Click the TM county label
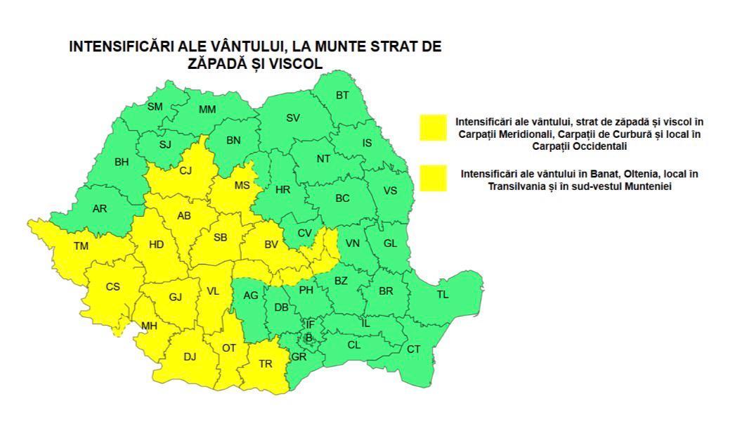pyautogui.click(x=81, y=246)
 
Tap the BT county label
pyautogui.click(x=342, y=95)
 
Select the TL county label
pyautogui.click(x=442, y=295)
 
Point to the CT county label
pyautogui.click(x=414, y=350)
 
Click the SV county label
pyautogui.click(x=293, y=117)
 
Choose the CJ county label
pyautogui.click(x=186, y=170)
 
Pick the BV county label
pyautogui.click(x=272, y=245)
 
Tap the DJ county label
pyautogui.click(x=190, y=357)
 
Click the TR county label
pyautogui.click(x=266, y=364)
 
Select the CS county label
pyautogui.click(x=112, y=287)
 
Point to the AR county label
pyautogui.click(x=100, y=208)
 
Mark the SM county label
pyautogui.click(x=155, y=106)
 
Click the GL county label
pyautogui.click(x=391, y=244)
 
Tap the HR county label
pyautogui.click(x=282, y=189)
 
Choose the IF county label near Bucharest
pyautogui.click(x=310, y=324)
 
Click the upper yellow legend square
pyautogui.click(x=434, y=127)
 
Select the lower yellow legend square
pyautogui.click(x=434, y=178)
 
